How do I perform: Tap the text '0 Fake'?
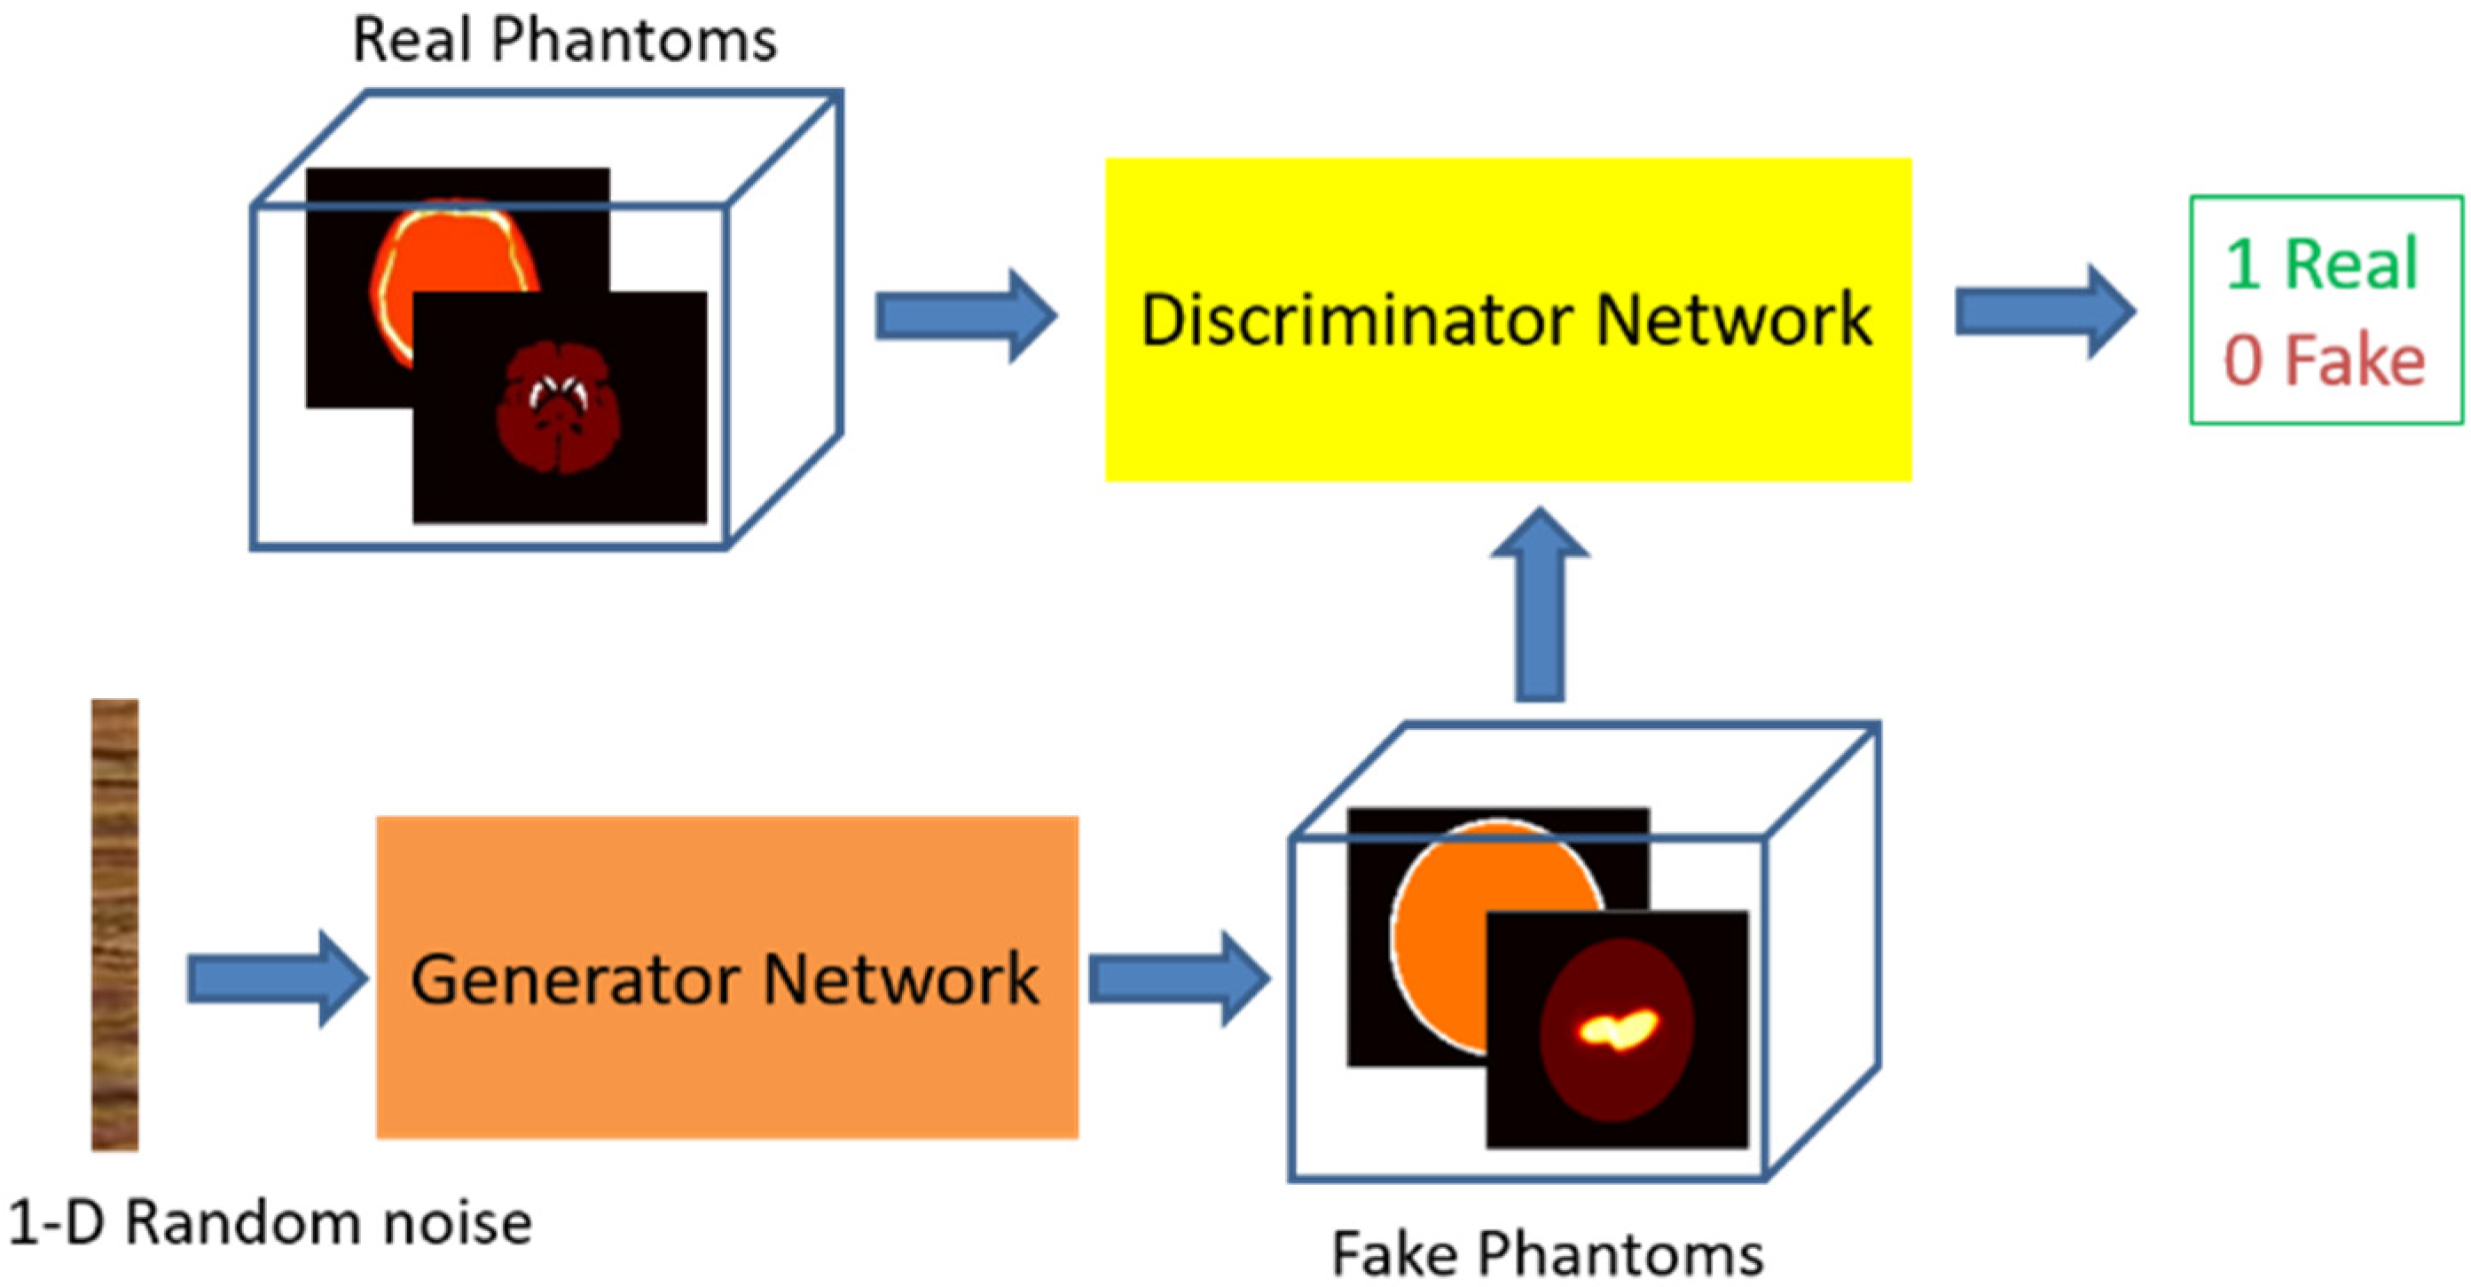pyautogui.click(x=2323, y=361)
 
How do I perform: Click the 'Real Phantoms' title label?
pyautogui.click(x=564, y=40)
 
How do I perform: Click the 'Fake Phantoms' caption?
pyautogui.click(x=1546, y=1253)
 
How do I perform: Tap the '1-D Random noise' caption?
pyautogui.click(x=271, y=1224)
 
